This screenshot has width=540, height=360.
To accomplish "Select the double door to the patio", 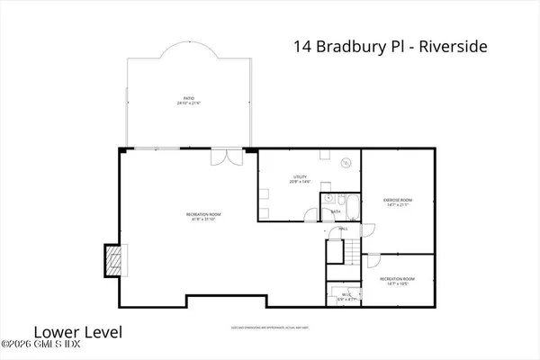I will coord(221,158).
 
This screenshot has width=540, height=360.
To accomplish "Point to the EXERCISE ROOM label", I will coord(397,200).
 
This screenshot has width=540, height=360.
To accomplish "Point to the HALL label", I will coord(342,229).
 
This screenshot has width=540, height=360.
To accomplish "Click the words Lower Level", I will coord(63,329).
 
